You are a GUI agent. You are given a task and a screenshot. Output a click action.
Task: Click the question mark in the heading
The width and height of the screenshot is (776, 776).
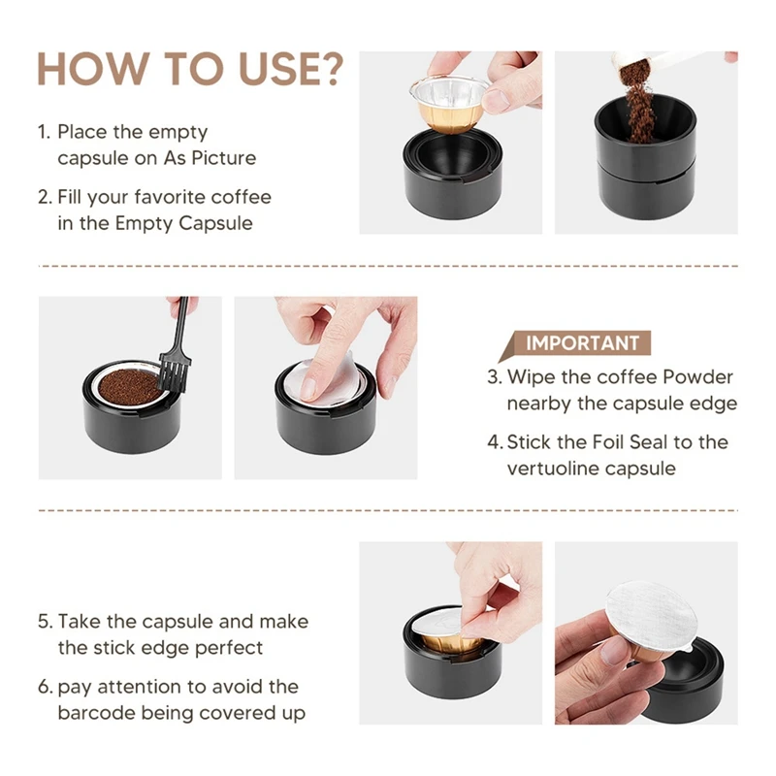[329, 69]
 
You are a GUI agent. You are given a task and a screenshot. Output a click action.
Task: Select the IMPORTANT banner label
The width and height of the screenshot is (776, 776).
[582, 343]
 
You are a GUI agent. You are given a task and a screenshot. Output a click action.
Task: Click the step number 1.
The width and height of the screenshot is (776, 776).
[44, 132]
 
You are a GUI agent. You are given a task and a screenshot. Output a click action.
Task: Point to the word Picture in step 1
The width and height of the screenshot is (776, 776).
[223, 158]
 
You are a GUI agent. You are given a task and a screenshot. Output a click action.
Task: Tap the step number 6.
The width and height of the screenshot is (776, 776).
[45, 688]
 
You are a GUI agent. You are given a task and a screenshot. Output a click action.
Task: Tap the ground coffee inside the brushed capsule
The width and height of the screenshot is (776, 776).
[130, 387]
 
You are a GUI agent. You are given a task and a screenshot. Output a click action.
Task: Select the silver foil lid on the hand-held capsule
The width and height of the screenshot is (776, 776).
[652, 615]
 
